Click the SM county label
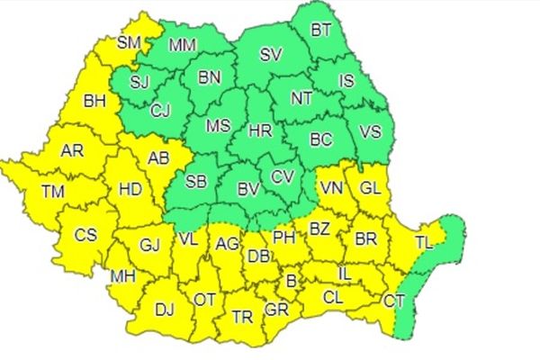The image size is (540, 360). pos(130,41)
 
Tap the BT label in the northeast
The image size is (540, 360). pos(321,30)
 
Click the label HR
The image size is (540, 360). pos(260,130)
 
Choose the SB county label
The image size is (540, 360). pos(197,182)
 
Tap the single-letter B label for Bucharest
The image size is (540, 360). pos(291,283)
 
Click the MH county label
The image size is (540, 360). pos(123,275)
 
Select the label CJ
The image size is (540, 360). pos(160,111)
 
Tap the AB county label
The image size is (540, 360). pos(158,158)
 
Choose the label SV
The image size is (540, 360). pos(271,54)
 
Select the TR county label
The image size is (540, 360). pos(242,317)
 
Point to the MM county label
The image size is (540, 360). pos(184,44)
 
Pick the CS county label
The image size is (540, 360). pos(85,235)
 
